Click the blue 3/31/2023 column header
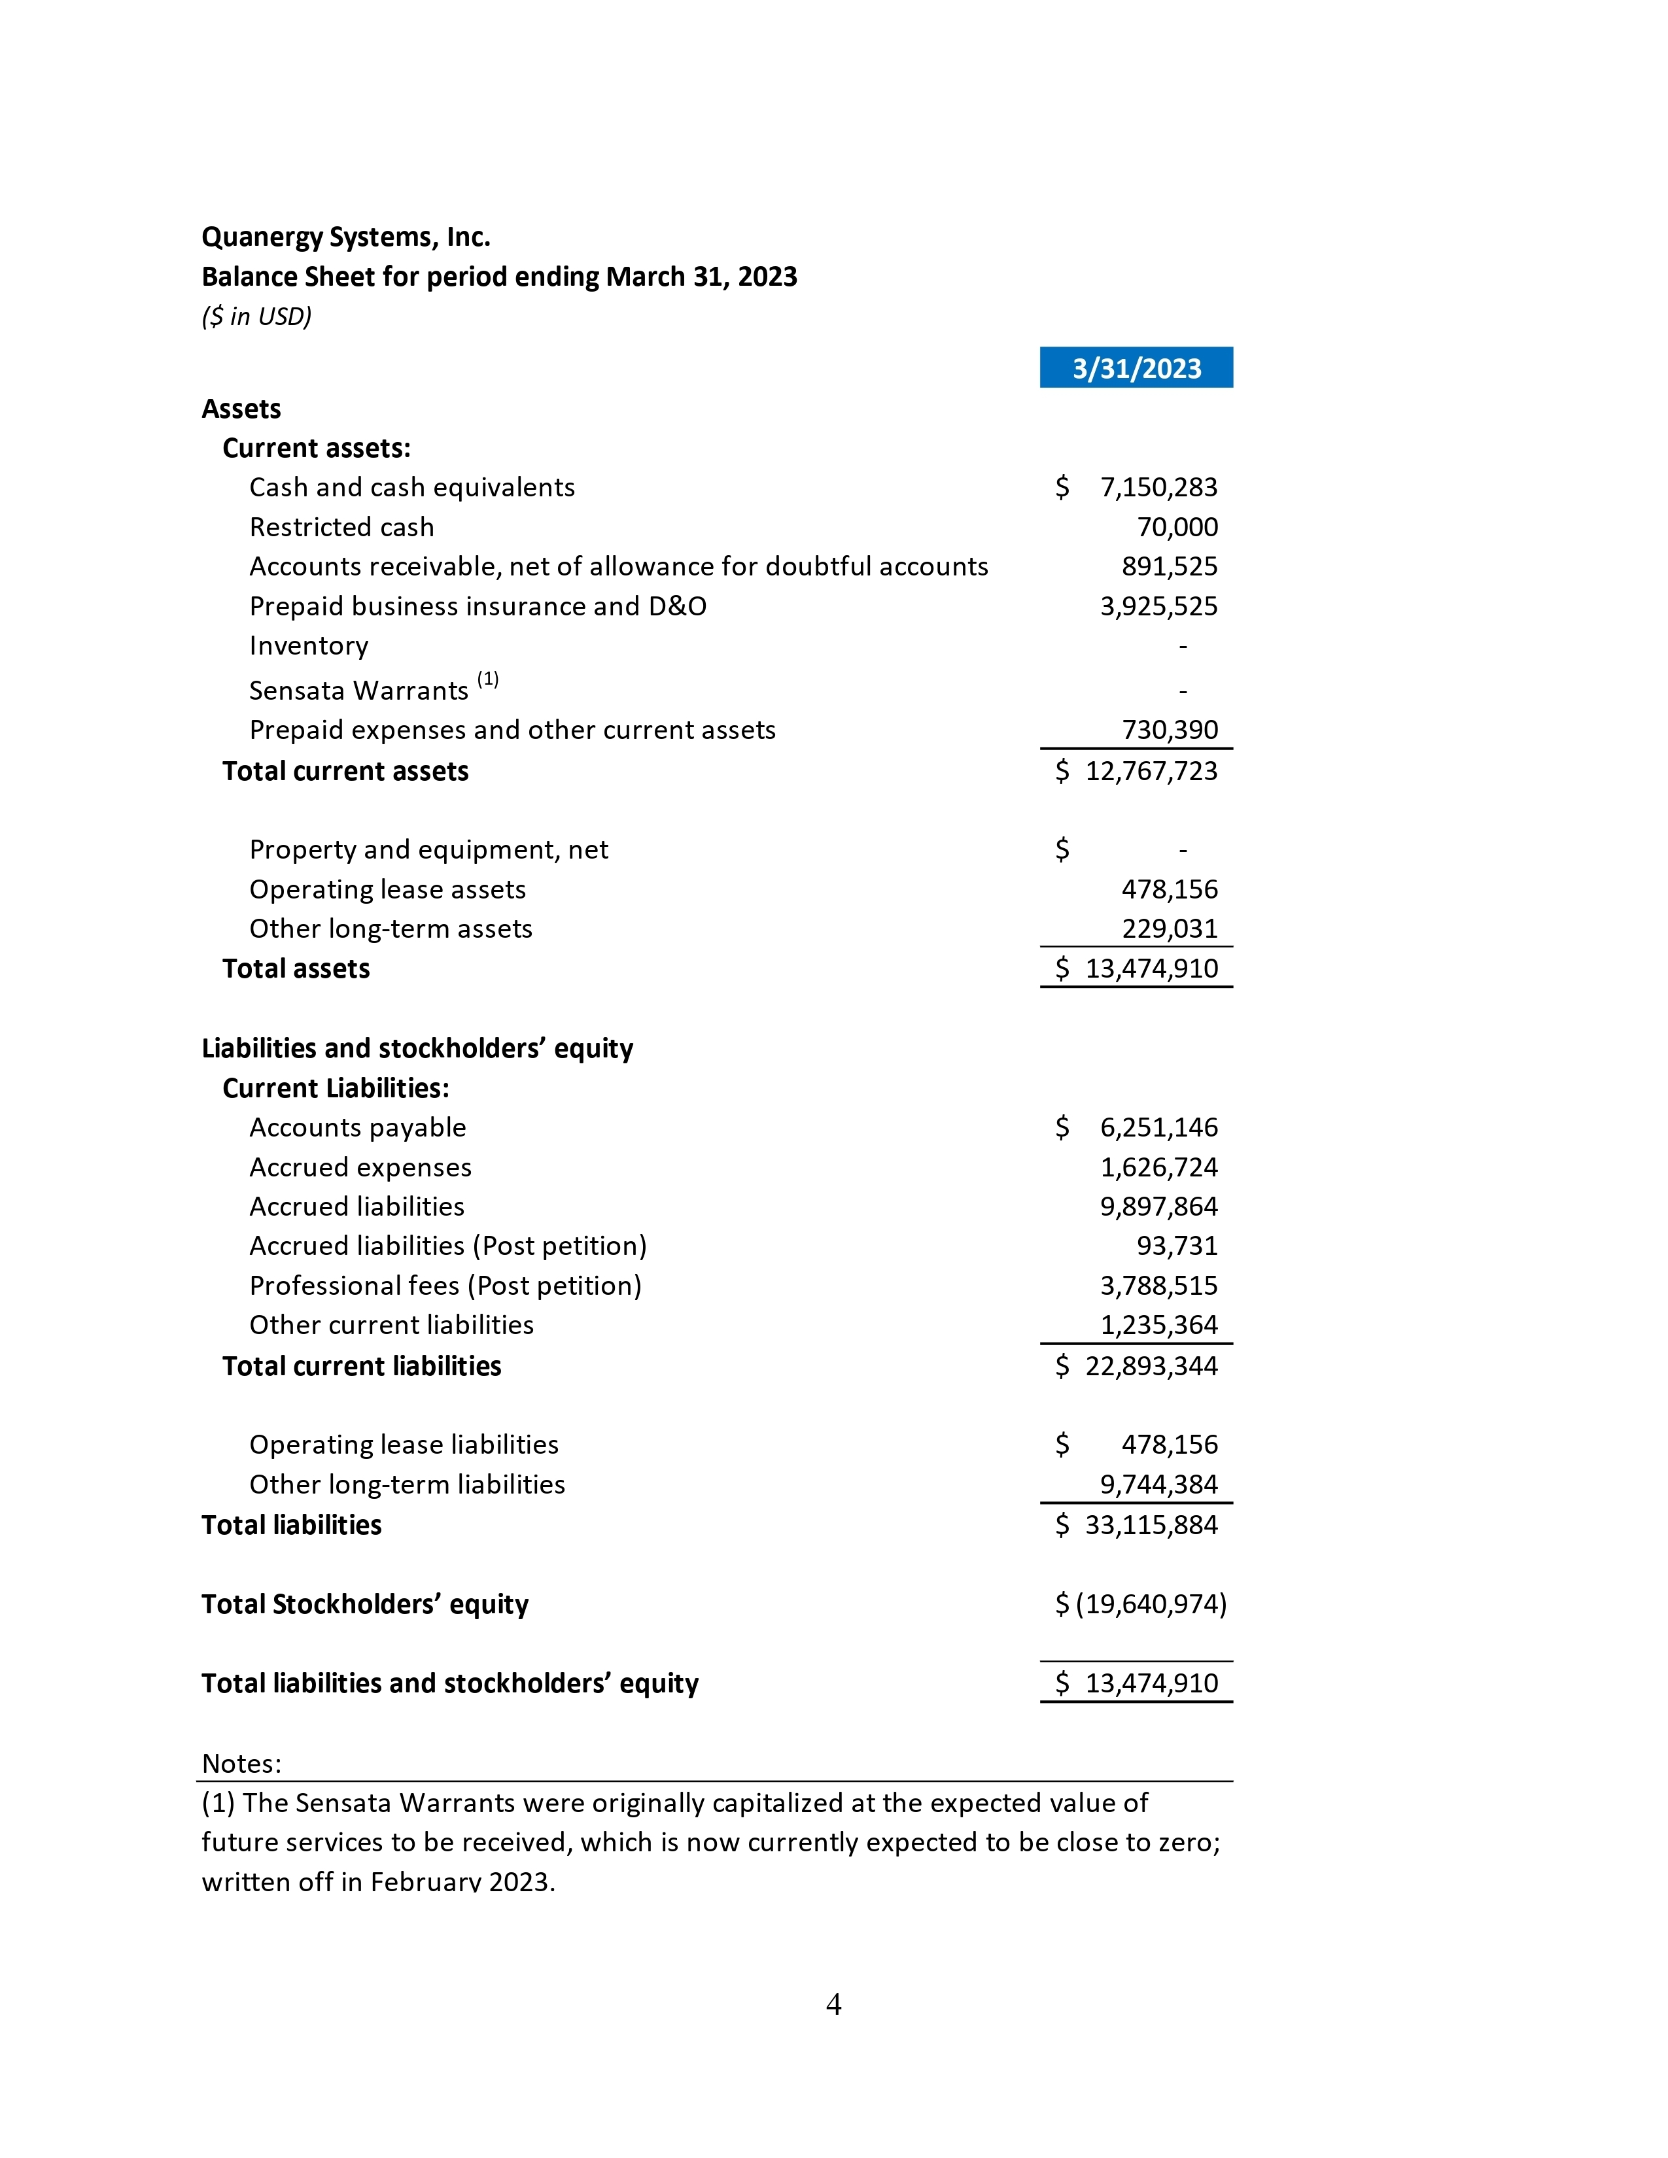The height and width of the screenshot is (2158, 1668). (1136, 368)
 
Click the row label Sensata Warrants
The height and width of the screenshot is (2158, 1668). (358, 690)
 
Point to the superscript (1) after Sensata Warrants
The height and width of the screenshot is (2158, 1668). (488, 679)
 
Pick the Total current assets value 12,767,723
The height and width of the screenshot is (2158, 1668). (1151, 771)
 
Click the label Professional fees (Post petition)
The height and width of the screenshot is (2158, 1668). (445, 1286)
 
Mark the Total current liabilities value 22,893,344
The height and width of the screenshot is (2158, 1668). (1151, 1365)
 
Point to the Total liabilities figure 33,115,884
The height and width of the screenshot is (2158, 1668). (1151, 1524)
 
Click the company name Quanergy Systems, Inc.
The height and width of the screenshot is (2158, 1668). (346, 237)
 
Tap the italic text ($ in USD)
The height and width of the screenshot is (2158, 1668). (256, 317)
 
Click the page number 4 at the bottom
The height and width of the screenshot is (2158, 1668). (833, 2004)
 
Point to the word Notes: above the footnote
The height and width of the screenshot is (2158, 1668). (241, 1763)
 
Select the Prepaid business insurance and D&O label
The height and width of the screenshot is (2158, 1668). (478, 606)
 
